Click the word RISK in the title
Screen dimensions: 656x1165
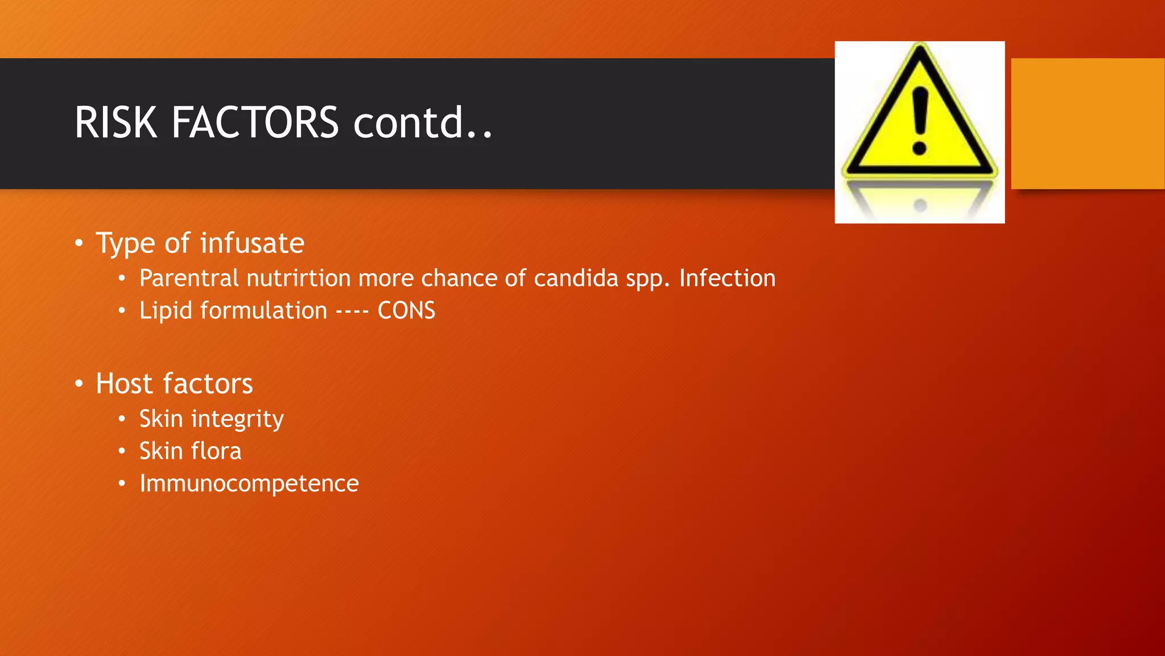(x=116, y=122)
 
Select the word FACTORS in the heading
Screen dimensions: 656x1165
(x=255, y=122)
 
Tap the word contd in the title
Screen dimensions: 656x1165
(x=408, y=122)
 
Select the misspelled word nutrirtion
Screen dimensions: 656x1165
(x=299, y=278)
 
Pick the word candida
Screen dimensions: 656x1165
(x=576, y=278)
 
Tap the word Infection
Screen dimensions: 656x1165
(x=727, y=278)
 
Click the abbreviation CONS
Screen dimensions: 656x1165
(x=406, y=311)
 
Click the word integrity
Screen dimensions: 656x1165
(x=237, y=420)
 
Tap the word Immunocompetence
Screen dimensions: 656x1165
(x=249, y=484)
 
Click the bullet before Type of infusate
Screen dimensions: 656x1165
(x=79, y=244)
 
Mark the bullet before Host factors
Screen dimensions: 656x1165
(x=79, y=384)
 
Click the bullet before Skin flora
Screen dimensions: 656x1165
(x=122, y=452)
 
